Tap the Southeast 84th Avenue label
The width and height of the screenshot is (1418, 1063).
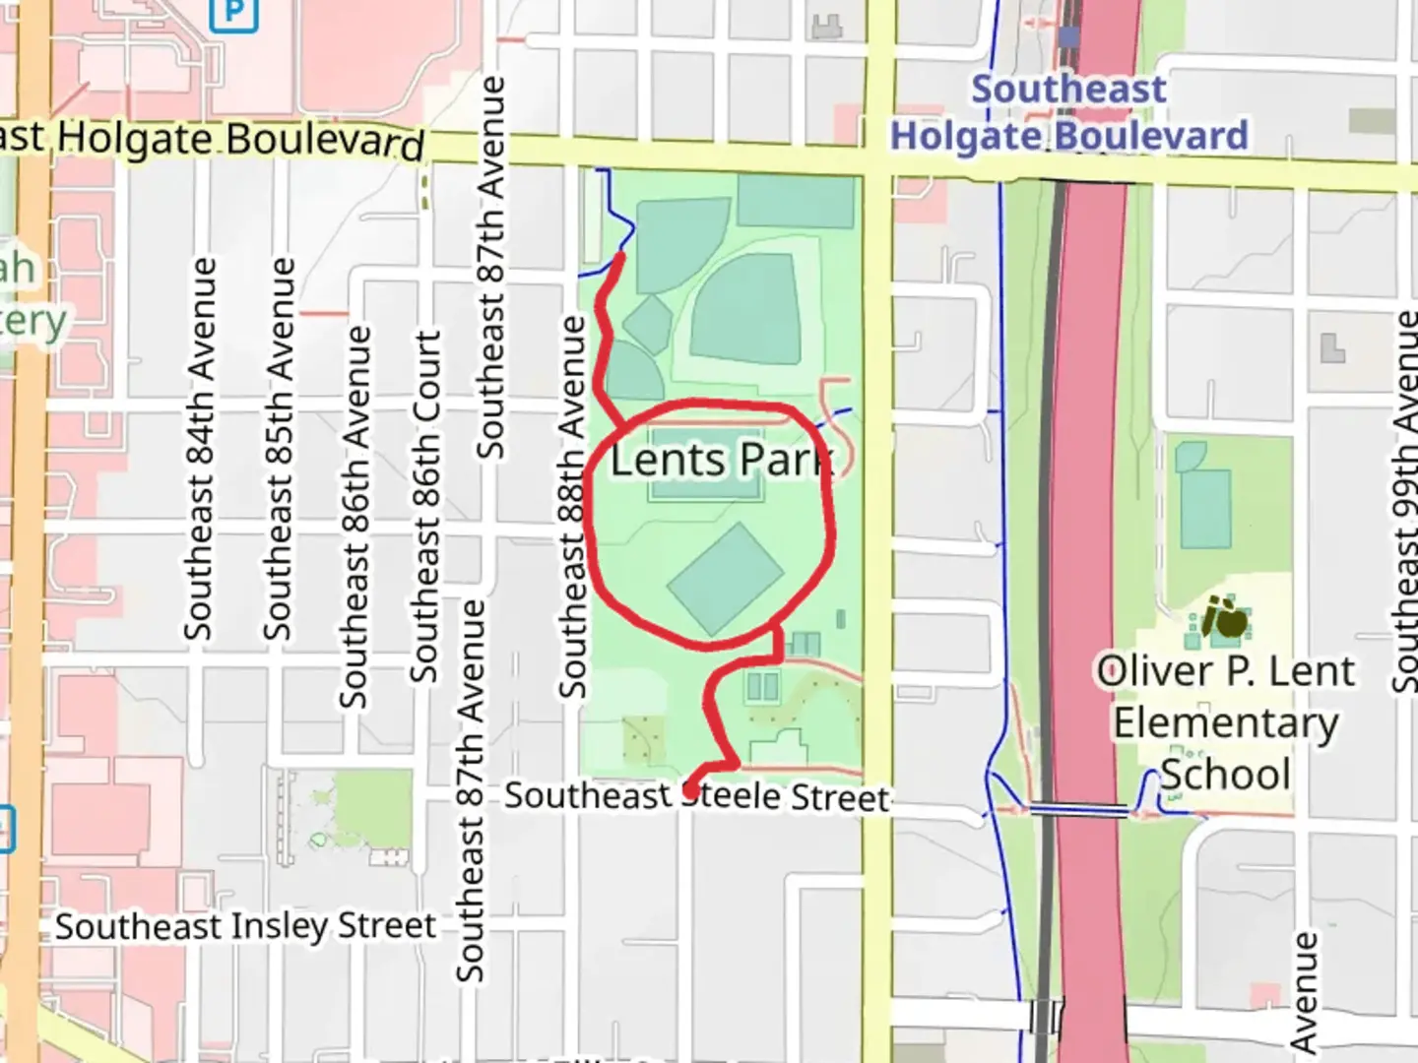tap(200, 448)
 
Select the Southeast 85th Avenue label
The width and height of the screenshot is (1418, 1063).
tap(279, 448)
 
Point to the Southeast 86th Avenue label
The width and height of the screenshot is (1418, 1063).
tap(355, 517)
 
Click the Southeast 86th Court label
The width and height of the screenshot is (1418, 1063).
tap(425, 507)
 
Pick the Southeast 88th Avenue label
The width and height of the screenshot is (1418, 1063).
tap(572, 507)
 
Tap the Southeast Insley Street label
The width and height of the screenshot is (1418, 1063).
tap(245, 926)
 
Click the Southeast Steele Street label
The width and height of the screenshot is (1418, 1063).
tap(697, 796)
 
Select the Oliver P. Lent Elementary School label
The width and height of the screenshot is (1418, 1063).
tap(1226, 722)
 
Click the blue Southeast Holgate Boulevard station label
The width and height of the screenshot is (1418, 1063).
tap(1069, 112)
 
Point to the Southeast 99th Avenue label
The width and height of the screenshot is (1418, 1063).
tap(1406, 502)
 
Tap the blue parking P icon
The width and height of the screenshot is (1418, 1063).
tap(234, 12)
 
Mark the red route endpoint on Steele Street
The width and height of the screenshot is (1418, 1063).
tap(691, 789)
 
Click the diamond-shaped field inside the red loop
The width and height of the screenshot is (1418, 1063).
tap(725, 579)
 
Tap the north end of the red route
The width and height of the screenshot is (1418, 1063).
tap(619, 258)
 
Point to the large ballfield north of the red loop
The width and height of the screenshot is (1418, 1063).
tap(745, 308)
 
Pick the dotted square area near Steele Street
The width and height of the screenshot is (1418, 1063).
tap(643, 739)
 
